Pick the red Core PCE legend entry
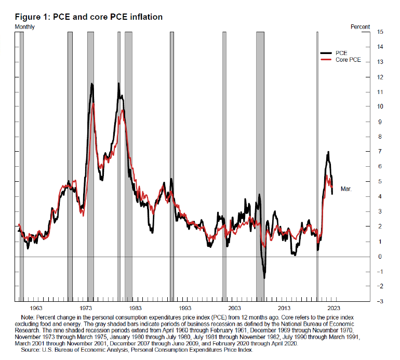pyautogui.click(x=348, y=60)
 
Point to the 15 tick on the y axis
pyautogui.click(x=380, y=32)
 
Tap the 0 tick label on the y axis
pyautogui.click(x=381, y=257)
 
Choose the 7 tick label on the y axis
pyautogui.click(x=381, y=152)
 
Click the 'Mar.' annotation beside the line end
pyautogui.click(x=346, y=189)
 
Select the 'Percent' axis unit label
pyautogui.click(x=360, y=26)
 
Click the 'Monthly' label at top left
pyautogui.click(x=25, y=26)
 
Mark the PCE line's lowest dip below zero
pyautogui.click(x=264, y=277)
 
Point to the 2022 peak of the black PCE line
pyautogui.click(x=328, y=152)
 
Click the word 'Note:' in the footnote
pyautogui.click(x=28, y=317)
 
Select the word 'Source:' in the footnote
pyautogui.click(x=31, y=351)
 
